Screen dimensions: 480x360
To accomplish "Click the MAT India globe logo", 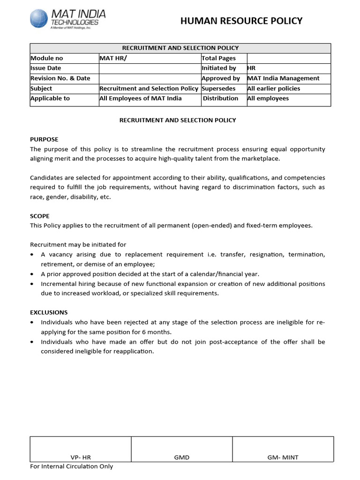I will (38, 19).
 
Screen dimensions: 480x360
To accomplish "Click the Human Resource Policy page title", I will (241, 21).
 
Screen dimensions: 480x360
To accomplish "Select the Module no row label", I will (46, 58).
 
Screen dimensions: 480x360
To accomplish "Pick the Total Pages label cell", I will (218, 58).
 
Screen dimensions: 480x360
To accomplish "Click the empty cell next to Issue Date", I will (149, 68).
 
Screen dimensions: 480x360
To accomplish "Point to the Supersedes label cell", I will (218, 89).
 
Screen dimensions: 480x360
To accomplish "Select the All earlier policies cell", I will (274, 89).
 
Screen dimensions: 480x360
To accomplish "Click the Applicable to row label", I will (50, 98).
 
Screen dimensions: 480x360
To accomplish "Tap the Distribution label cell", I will (220, 98).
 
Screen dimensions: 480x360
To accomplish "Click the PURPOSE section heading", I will (44, 139).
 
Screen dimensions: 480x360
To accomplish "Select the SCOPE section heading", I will (40, 216).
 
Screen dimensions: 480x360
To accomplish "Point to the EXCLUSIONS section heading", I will (49, 312).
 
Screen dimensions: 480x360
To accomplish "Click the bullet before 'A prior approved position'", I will (31, 274).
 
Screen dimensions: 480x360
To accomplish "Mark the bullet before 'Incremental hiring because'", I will (31, 284).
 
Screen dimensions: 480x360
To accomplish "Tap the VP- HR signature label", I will (81, 457).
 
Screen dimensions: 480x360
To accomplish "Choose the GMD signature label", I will (182, 457).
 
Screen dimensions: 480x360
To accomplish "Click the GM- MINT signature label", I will (283, 457).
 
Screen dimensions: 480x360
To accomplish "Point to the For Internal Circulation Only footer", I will (72, 466).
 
